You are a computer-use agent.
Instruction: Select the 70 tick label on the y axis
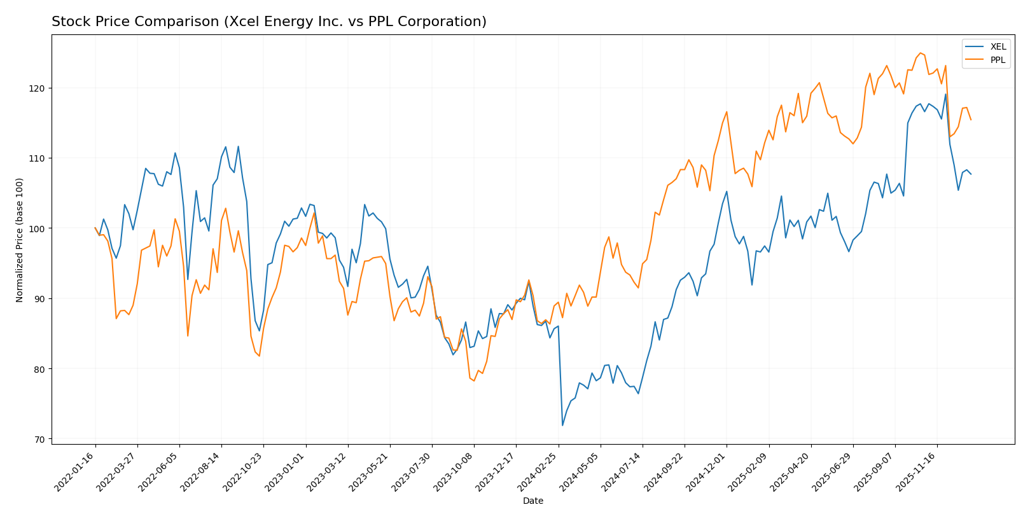(40, 440)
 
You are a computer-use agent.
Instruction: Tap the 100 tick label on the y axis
(38, 228)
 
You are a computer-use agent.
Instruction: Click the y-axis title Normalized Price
(20, 240)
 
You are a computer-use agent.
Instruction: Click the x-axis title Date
(533, 501)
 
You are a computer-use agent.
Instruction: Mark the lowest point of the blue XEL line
(562, 425)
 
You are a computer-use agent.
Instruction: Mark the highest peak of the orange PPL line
(920, 53)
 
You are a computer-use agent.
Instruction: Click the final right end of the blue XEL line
(971, 174)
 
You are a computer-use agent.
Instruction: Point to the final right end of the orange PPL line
(971, 120)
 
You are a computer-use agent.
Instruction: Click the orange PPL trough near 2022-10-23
(259, 356)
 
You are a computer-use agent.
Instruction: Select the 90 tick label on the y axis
(40, 299)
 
